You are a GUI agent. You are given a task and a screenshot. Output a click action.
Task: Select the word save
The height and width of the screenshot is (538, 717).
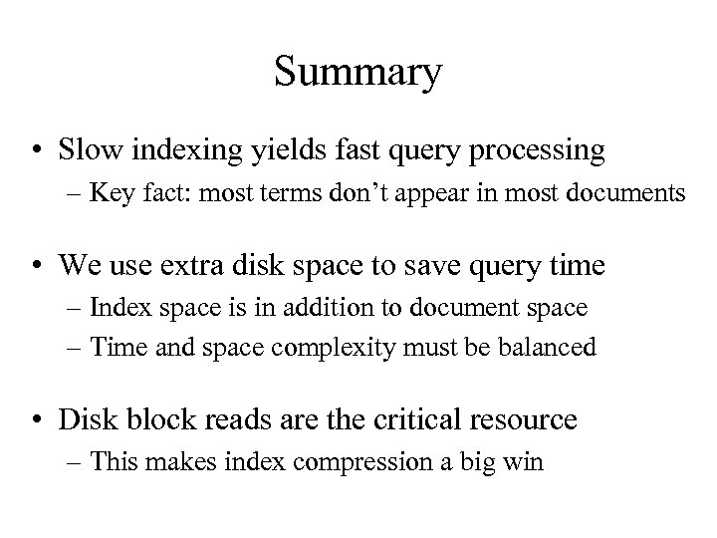(x=440, y=265)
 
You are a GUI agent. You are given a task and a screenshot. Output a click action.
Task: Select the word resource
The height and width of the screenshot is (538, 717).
(x=522, y=418)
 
